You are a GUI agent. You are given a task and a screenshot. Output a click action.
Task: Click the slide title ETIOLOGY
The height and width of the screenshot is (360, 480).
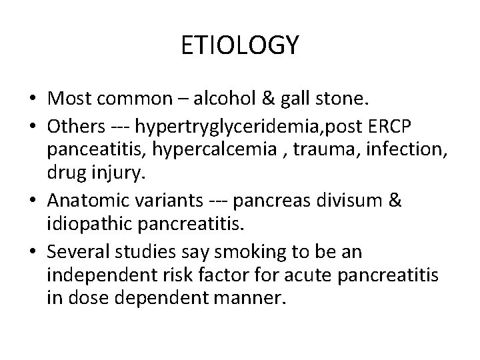point(240,46)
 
